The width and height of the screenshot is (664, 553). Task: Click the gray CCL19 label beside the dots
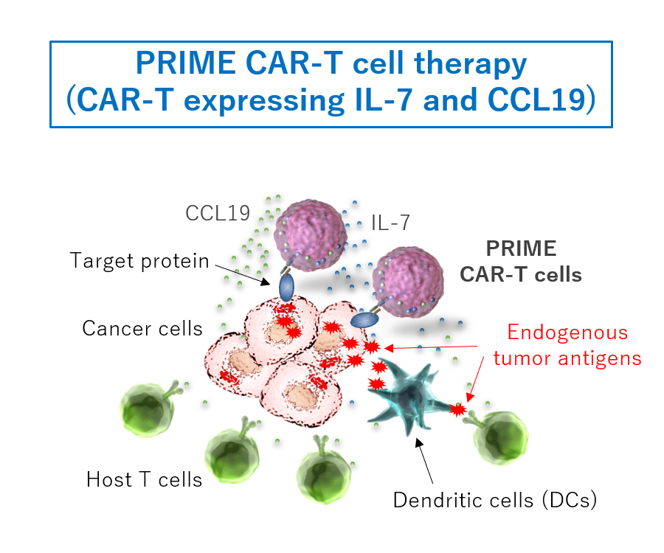(x=217, y=213)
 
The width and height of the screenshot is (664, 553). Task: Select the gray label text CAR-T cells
(x=521, y=275)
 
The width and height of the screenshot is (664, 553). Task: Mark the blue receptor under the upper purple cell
(x=287, y=285)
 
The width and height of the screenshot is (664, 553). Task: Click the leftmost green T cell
(x=151, y=409)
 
